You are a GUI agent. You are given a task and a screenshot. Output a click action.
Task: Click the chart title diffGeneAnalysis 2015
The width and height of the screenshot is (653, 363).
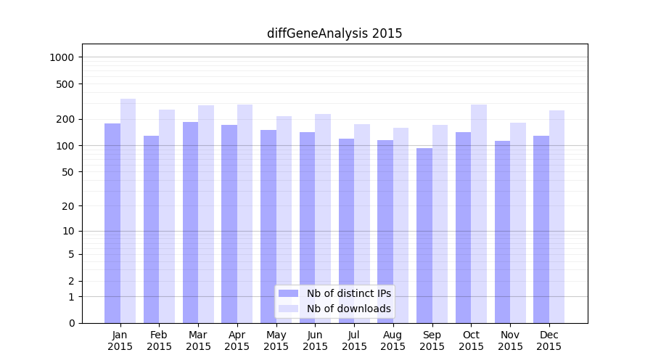[334, 33]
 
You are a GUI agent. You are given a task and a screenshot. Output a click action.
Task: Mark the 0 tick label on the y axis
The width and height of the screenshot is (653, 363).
[72, 323]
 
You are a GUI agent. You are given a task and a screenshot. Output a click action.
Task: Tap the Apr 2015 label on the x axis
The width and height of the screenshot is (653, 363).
[237, 340]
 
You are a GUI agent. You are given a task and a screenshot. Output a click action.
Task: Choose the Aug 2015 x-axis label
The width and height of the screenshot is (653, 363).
[393, 340]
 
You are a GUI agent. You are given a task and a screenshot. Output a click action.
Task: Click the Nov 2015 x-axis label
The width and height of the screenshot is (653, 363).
[510, 340]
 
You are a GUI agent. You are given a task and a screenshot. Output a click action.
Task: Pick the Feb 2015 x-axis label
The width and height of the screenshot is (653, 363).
[159, 340]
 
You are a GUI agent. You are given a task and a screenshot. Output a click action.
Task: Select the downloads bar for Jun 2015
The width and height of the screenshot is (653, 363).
[323, 219]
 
